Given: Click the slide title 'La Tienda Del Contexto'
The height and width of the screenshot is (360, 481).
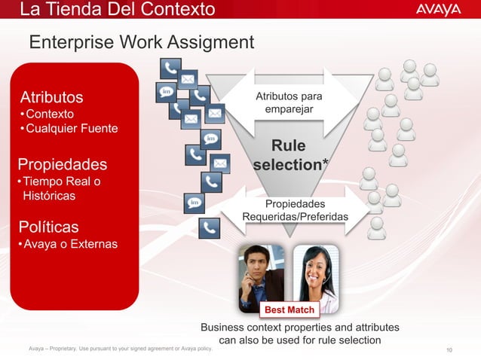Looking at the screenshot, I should coord(117,10).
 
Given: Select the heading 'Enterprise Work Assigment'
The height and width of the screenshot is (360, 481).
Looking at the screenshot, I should coord(142,42).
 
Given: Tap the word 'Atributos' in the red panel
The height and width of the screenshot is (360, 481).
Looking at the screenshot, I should coord(51,97).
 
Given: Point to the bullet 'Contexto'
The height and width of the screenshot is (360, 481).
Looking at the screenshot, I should coord(48,114).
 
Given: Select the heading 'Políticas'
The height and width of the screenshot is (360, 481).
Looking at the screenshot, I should coord(49,227).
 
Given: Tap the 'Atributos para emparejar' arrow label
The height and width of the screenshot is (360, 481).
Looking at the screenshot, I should coord(289,104).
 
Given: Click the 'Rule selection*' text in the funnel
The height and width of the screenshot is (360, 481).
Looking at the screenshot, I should coord(289,154).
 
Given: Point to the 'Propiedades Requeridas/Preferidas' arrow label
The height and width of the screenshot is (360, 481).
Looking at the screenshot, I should coord(295,211).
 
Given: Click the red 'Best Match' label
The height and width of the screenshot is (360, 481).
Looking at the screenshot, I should coord(290,310).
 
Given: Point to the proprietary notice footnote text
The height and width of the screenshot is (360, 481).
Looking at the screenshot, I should coord(120,348).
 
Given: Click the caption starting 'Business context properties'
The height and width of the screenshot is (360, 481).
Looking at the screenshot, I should coord(299,334).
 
